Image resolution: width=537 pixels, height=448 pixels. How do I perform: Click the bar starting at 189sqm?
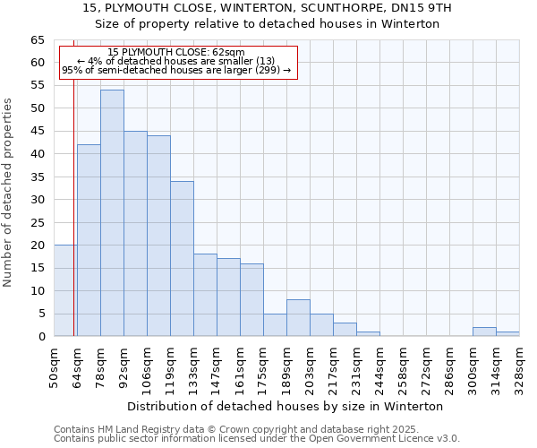(x=298, y=317)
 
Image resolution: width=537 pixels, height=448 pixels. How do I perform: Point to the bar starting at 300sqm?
(x=484, y=332)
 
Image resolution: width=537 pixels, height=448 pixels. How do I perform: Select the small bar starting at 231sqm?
(x=368, y=334)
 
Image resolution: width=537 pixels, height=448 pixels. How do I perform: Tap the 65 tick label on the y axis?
(x=37, y=40)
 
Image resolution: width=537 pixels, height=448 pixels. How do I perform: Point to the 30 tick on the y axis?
(x=37, y=200)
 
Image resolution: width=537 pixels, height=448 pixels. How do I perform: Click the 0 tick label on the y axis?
(x=41, y=337)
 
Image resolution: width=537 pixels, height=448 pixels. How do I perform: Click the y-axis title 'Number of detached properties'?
(x=8, y=192)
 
